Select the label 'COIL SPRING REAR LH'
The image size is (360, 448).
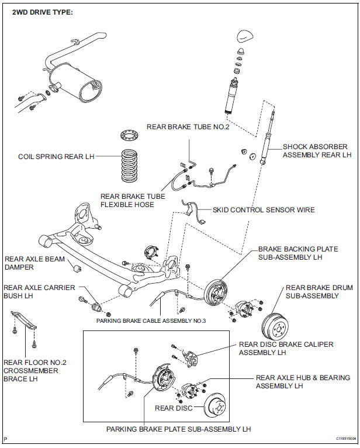coord(56,156)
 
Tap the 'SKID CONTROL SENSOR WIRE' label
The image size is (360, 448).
coord(264,209)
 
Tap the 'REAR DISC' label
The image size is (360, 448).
coord(172,408)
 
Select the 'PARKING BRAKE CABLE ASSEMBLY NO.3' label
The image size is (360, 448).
coord(151,321)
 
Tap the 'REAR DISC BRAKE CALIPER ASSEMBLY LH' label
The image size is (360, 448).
coord(286,349)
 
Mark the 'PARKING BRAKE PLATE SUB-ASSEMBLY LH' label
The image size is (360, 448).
coord(178,429)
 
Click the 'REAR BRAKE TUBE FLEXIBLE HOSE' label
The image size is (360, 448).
coord(133,201)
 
